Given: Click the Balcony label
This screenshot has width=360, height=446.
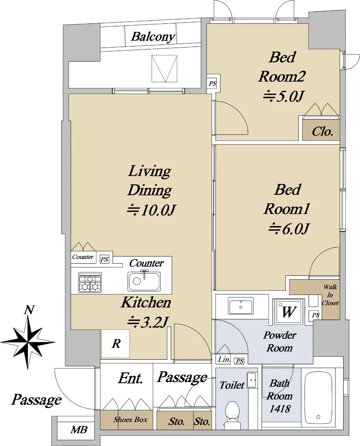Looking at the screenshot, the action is pyautogui.click(x=153, y=37).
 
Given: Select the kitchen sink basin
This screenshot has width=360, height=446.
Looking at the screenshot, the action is pyautogui.click(x=144, y=281).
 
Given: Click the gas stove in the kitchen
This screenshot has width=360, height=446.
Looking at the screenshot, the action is pyautogui.click(x=90, y=282).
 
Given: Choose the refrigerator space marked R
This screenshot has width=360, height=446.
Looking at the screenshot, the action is pyautogui.click(x=116, y=343).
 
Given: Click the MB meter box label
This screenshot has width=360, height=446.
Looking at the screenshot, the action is pyautogui.click(x=79, y=430).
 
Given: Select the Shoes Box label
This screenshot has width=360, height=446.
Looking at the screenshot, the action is pyautogui.click(x=130, y=420).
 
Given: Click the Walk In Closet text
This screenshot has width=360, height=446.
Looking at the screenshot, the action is pyautogui.click(x=330, y=295).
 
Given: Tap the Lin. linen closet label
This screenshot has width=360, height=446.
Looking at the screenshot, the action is pyautogui.click(x=224, y=359).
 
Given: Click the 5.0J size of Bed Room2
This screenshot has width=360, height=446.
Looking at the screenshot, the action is pyautogui.click(x=283, y=96).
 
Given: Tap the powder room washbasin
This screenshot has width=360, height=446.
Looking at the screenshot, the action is pyautogui.click(x=241, y=306).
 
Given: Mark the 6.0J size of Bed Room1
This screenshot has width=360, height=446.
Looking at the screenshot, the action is pyautogui.click(x=289, y=229).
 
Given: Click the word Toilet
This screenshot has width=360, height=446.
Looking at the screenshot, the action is pyautogui.click(x=232, y=385).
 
